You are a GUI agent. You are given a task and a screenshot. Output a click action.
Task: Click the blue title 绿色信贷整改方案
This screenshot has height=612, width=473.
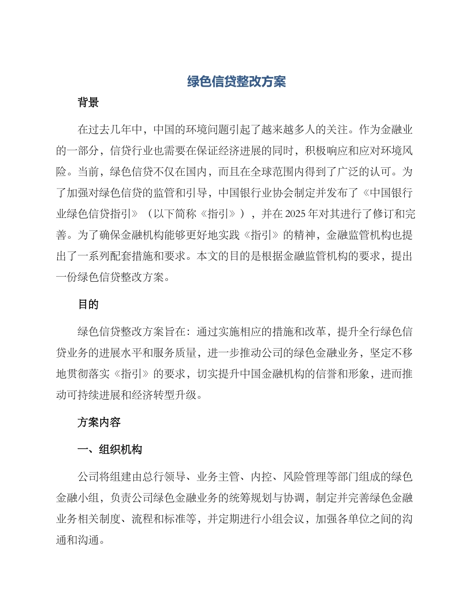236,82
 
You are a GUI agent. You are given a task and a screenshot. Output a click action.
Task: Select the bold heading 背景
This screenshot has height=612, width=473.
88,103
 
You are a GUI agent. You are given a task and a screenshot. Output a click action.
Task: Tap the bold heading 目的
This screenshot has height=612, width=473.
88,305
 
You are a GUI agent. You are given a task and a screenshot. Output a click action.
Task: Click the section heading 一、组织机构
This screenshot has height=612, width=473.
110,449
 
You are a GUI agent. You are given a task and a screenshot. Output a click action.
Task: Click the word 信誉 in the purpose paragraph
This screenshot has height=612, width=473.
329,374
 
